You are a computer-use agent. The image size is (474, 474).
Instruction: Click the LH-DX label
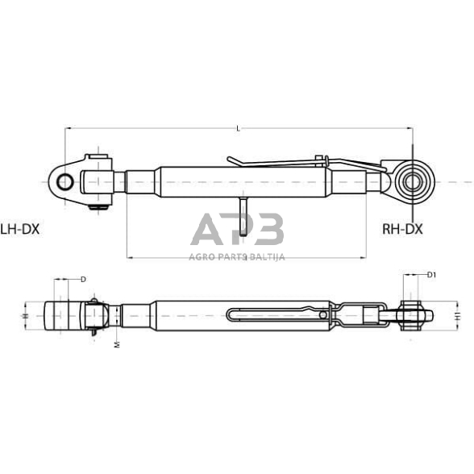coord(19,229)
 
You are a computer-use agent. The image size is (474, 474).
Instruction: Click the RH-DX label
coord(402,229)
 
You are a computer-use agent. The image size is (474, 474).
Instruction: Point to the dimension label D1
coord(432,275)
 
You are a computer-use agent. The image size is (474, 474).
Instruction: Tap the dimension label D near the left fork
coord(83,279)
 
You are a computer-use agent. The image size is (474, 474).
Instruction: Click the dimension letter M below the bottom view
coord(117,344)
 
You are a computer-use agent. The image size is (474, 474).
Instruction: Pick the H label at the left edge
coord(24,315)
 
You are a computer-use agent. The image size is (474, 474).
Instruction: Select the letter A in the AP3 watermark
coord(207,231)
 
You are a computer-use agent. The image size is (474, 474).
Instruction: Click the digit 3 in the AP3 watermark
coord(268,231)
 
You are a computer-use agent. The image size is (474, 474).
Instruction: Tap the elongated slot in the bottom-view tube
coord(274,314)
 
